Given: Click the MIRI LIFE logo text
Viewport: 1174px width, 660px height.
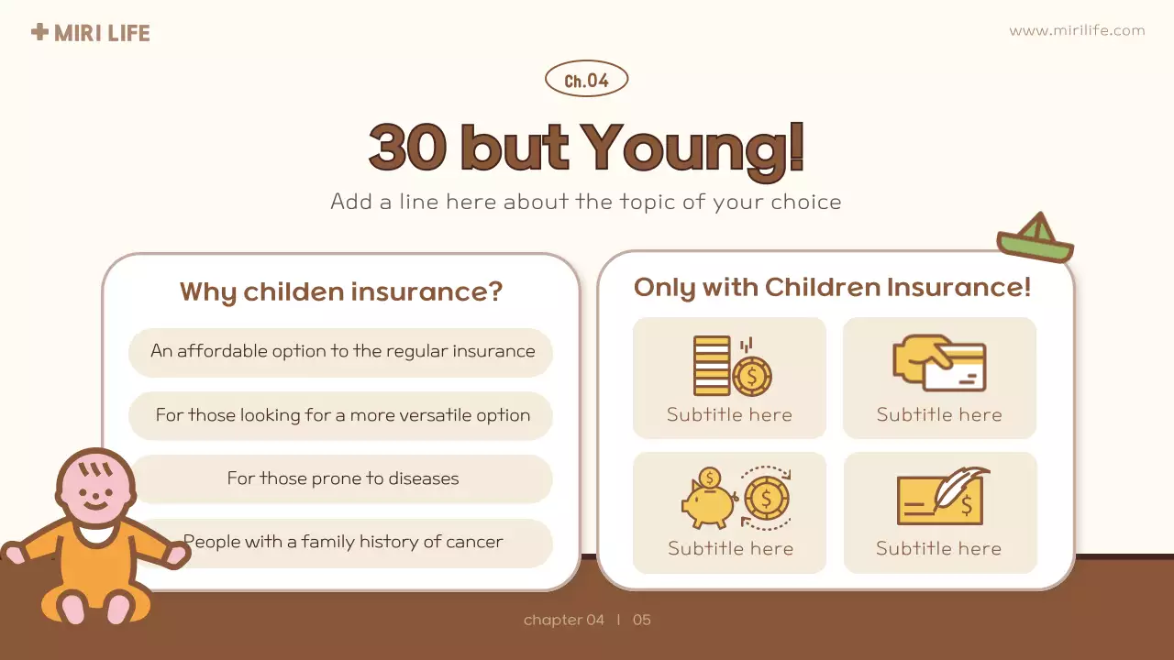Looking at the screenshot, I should (x=101, y=34).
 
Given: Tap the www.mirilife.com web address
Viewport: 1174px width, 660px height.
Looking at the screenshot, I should (x=1077, y=30).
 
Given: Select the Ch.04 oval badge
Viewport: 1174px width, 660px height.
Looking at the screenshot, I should (x=586, y=81).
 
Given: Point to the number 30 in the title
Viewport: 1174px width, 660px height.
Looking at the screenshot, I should (x=407, y=148).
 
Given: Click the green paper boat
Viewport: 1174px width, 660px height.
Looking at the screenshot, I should (x=1036, y=238).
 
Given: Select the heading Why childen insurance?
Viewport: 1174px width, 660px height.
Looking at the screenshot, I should (x=341, y=292).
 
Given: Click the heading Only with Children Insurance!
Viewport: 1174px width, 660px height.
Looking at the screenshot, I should (x=833, y=288).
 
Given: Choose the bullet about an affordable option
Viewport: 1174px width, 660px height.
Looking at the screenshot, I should (x=342, y=351).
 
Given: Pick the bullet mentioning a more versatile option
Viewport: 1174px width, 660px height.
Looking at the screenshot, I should (x=342, y=415).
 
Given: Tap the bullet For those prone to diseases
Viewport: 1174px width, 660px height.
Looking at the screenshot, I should (x=342, y=478).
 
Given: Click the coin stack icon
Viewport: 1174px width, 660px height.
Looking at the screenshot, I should (x=731, y=366).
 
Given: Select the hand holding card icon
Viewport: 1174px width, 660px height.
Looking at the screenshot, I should (x=939, y=364).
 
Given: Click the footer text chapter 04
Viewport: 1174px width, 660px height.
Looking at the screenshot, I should (x=564, y=621).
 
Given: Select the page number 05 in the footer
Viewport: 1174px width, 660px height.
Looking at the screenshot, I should (x=642, y=621).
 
